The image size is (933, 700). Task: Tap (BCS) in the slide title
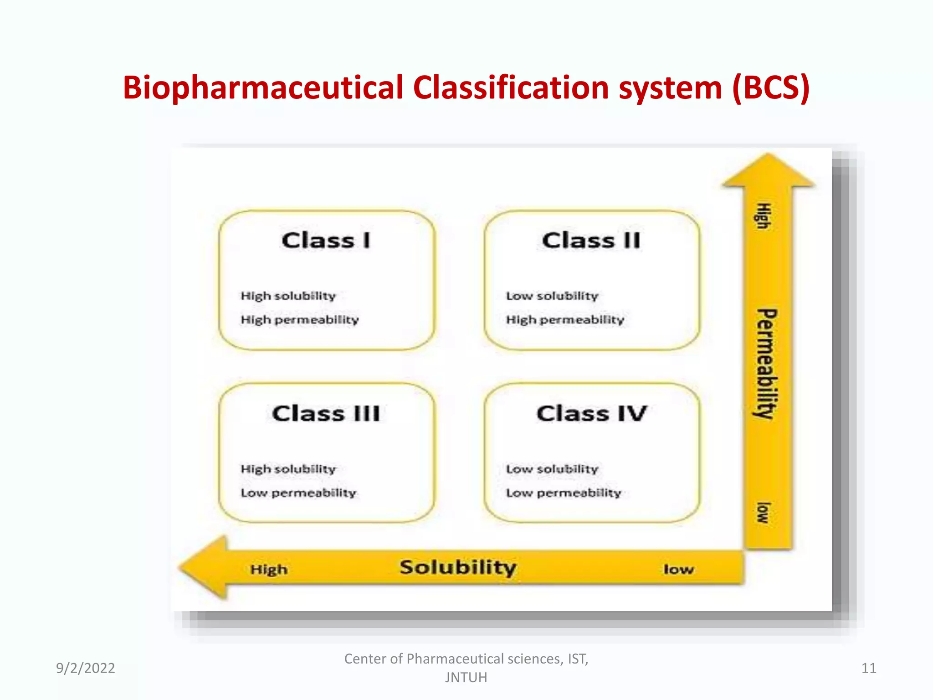(771, 88)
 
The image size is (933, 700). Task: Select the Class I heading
(326, 241)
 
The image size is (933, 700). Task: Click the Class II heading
(591, 241)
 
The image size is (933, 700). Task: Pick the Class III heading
(326, 414)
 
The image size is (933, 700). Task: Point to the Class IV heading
(591, 414)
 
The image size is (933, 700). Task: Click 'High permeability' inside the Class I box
(300, 320)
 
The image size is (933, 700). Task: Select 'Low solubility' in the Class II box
(552, 296)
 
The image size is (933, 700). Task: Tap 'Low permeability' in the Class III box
(298, 493)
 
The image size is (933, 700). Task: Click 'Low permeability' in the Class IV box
(564, 493)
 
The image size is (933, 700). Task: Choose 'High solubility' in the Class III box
(288, 469)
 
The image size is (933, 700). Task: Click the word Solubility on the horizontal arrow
(458, 568)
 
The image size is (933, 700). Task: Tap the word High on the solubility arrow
(269, 570)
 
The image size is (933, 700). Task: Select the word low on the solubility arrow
(678, 570)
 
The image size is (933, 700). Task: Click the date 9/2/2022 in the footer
(85, 668)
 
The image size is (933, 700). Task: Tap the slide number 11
(868, 668)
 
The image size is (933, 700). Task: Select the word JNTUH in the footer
(466, 678)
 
